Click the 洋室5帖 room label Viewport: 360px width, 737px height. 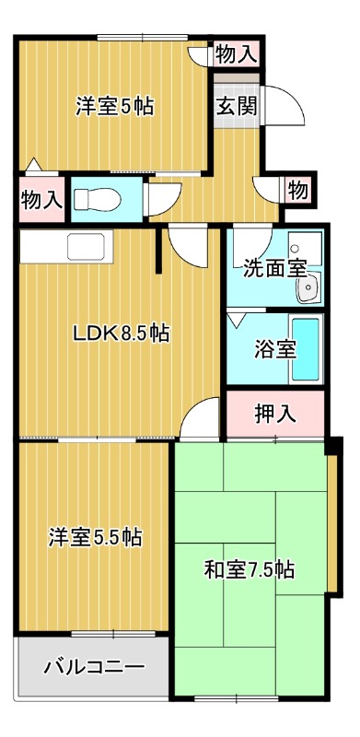pos(114,106)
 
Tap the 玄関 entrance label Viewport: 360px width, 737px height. pos(236,104)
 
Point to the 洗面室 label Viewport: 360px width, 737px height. pos(274,269)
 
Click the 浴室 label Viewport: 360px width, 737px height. pos(274,350)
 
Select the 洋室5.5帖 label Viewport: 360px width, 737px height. pos(96,537)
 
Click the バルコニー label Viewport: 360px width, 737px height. pos(93,666)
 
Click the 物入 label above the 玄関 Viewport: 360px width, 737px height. pos(236,53)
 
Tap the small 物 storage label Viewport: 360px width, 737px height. pos(296,192)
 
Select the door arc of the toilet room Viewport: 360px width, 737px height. pos(162,197)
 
